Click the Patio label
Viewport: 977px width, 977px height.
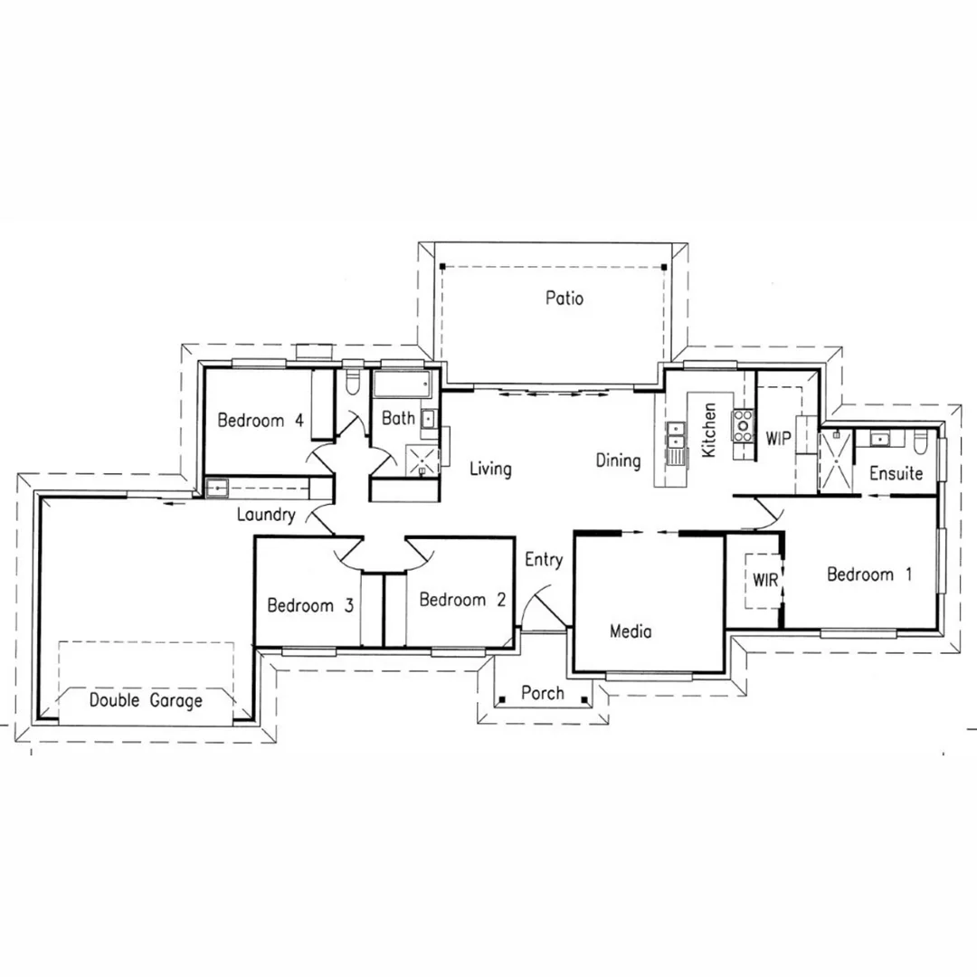[564, 298]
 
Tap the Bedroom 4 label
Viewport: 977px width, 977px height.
[261, 421]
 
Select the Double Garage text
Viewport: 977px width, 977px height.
[146, 700]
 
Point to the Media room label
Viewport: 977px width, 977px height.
[631, 631]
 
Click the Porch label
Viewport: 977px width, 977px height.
[543, 694]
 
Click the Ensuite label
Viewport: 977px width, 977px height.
[896, 473]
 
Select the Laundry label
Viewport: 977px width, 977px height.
[266, 516]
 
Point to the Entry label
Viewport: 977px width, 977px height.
[544, 560]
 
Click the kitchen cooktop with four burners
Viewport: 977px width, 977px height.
[744, 422]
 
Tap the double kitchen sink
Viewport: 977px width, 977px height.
[676, 442]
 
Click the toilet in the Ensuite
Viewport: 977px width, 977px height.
[921, 441]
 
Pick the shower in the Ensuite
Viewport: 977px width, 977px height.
[836, 460]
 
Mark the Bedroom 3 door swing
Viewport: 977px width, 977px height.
[350, 553]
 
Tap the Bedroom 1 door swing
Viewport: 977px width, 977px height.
[765, 512]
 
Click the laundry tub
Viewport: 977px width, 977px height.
[217, 488]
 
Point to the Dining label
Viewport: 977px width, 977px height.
[618, 460]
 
